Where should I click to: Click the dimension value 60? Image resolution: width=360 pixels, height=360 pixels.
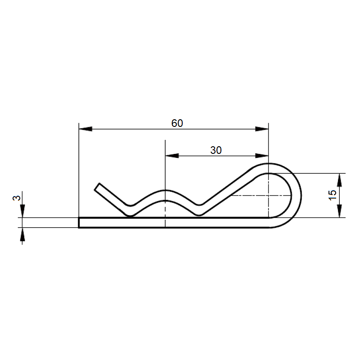[177, 123]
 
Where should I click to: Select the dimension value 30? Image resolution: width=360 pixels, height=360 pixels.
[216, 150]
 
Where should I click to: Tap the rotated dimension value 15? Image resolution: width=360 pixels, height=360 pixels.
[333, 195]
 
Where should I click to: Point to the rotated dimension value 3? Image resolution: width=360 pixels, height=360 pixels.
[17, 198]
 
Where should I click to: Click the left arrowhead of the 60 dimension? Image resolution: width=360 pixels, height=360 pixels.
[85, 129]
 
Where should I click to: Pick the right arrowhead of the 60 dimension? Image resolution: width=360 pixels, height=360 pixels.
[262, 129]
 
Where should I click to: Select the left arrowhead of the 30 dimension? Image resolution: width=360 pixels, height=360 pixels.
[172, 156]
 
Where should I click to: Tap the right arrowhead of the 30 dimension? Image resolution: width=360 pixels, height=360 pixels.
[262, 156]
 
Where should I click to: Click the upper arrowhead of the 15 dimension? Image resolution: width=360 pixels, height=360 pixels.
[339, 180]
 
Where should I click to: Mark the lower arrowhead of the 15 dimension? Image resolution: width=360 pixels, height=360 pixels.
[339, 211]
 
